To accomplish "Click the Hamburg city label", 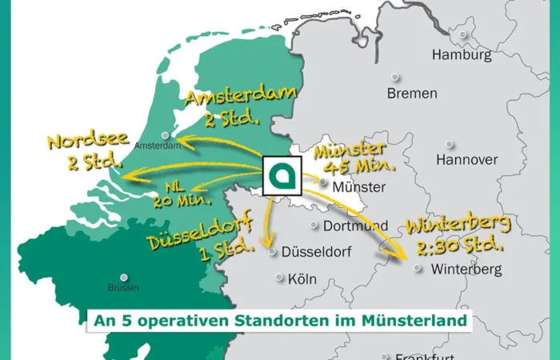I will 462,55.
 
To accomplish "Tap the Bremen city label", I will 412,94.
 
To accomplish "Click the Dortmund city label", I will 360,226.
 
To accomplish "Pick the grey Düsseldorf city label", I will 317,251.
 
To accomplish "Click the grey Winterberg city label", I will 466,269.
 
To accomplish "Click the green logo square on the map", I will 282,175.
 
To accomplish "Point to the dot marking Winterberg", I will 417,269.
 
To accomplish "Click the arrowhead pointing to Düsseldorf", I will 269,243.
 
